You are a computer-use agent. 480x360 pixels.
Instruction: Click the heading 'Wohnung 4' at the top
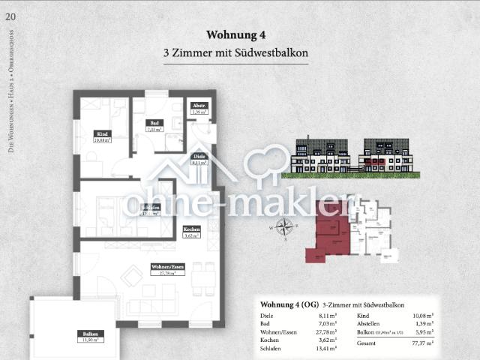pos(236,34)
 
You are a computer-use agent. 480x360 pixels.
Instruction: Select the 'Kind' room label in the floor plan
pos(103,134)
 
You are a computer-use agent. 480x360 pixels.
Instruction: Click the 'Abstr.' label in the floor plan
pos(198,106)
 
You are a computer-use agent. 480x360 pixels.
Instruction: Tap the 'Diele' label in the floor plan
pos(199,156)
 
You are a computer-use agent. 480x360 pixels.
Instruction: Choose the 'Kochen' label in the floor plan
pos(191,229)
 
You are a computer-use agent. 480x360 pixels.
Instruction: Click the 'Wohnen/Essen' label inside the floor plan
pos(166,267)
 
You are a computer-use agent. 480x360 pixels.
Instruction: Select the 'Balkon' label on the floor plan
pos(88,334)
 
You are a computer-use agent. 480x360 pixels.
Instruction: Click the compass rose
pos(284,226)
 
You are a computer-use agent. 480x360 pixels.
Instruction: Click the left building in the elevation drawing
pos(322,155)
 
